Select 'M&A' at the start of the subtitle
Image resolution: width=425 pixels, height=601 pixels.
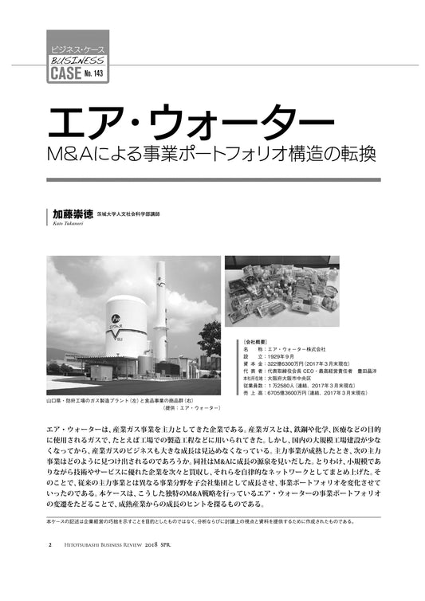(68, 149)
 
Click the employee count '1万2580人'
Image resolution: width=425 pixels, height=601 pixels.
(288, 386)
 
